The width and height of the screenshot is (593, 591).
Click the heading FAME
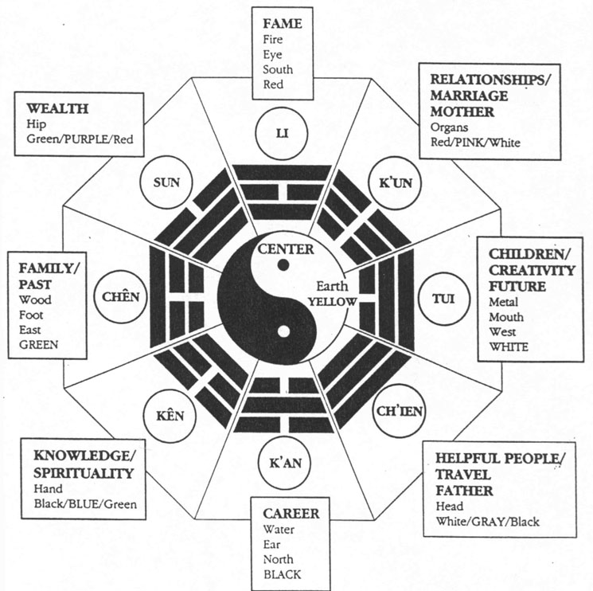[283, 24]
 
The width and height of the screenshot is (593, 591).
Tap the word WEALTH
[57, 108]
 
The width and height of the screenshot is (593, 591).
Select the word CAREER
[291, 514]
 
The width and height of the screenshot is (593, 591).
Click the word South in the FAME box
[278, 69]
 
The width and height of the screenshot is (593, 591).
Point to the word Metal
[503, 302]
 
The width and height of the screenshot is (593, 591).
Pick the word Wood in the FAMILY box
[35, 300]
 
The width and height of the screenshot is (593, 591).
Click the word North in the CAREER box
[279, 559]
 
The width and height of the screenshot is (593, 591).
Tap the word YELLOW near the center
[333, 302]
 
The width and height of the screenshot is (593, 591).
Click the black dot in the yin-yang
[283, 265]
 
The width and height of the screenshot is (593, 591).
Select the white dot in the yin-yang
[283, 332]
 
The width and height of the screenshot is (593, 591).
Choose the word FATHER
[464, 491]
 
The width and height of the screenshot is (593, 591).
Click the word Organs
[449, 128]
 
